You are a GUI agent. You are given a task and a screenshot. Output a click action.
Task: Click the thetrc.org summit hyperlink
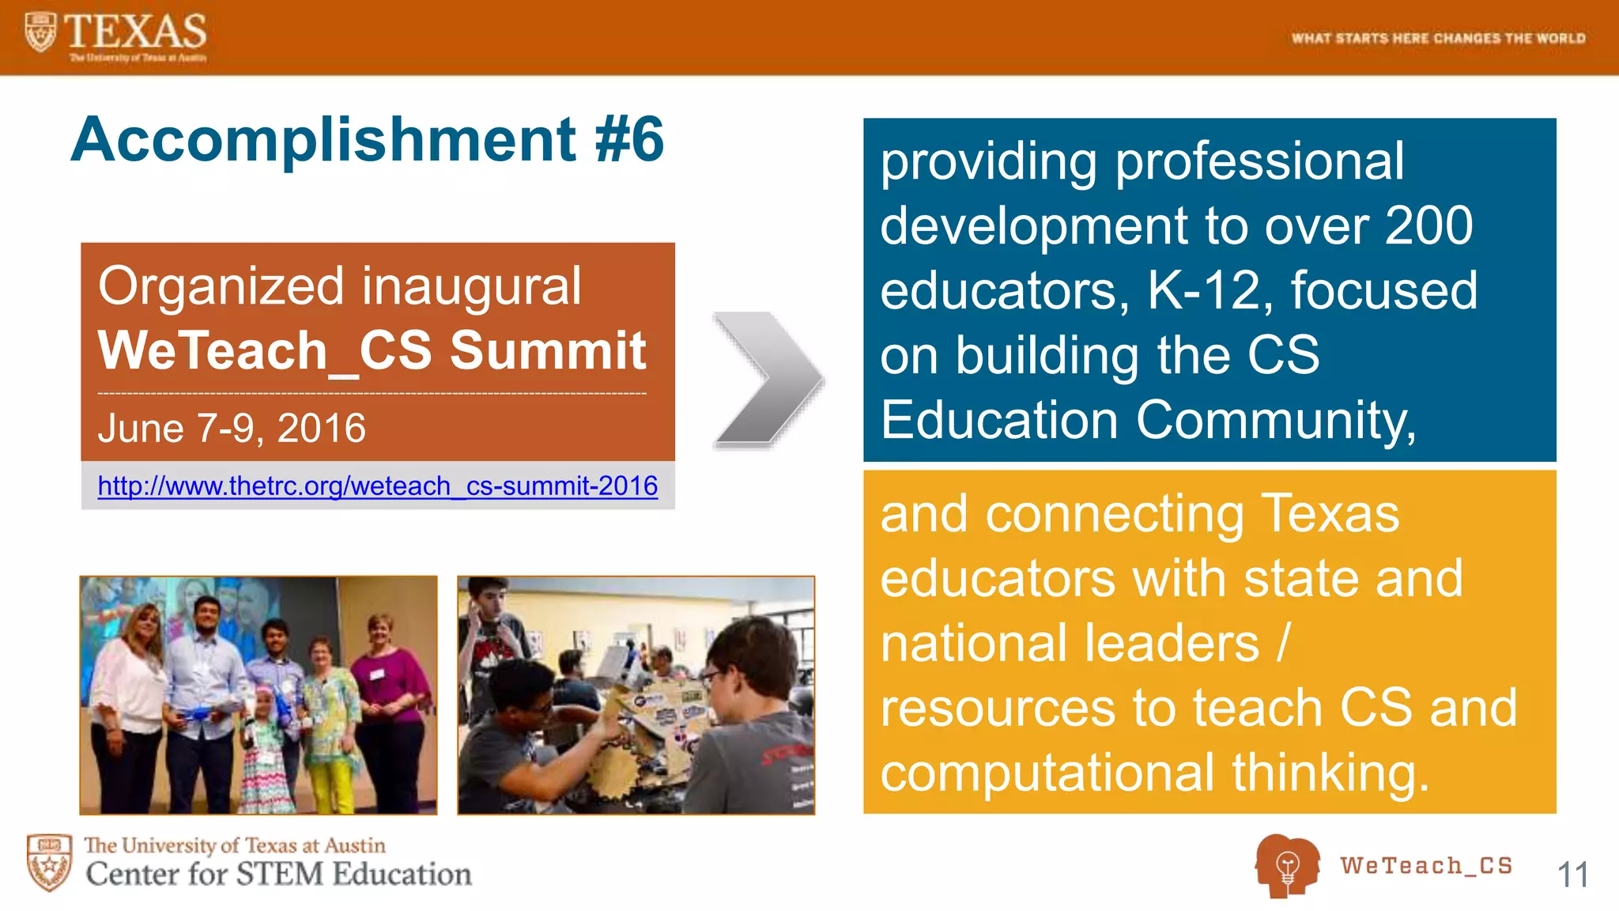377,486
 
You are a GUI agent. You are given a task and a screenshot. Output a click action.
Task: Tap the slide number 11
1572,875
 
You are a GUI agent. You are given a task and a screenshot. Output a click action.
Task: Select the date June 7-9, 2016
232,428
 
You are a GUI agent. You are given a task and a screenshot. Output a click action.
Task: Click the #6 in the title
629,139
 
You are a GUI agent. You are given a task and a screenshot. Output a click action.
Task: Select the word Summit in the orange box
548,350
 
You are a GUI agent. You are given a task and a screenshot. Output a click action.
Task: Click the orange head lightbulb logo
1286,865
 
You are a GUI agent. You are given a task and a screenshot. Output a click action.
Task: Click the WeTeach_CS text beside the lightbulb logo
1426,865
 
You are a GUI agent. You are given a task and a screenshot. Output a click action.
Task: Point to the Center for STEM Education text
278,874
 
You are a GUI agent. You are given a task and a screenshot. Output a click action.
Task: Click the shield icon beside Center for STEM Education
49,861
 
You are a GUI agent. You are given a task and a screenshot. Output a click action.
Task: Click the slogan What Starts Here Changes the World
1438,38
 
